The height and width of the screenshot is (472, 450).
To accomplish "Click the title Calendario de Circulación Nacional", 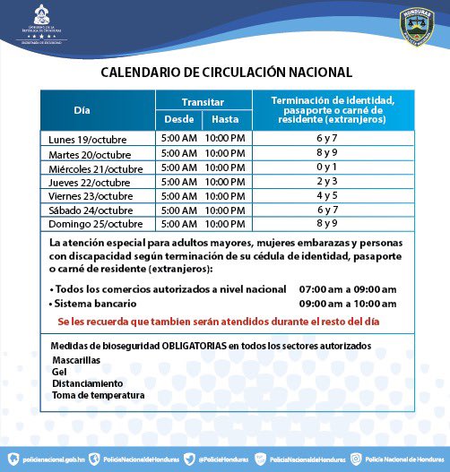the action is (x=226, y=72).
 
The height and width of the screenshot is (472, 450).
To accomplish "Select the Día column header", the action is (x=82, y=110).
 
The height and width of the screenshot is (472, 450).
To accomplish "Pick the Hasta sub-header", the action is (x=225, y=119).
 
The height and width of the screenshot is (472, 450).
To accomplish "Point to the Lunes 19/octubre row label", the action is (x=88, y=141).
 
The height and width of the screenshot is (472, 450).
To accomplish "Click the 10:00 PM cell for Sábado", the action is (x=225, y=209).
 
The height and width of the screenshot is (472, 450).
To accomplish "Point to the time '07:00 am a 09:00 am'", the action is (x=347, y=289).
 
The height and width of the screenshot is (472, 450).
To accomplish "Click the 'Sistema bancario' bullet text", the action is (x=93, y=304).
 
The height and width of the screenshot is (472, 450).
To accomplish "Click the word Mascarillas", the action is (x=76, y=359).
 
